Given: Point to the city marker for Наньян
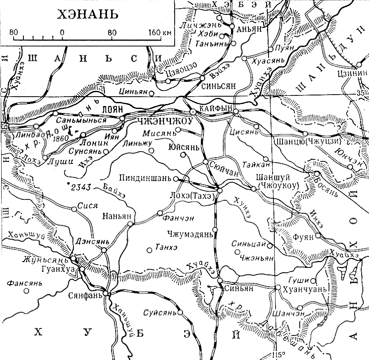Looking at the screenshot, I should pyautogui.click(x=130, y=224).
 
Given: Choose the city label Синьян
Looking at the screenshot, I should pyautogui.click(x=237, y=288).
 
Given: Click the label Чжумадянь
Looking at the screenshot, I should pyautogui.click(x=190, y=235).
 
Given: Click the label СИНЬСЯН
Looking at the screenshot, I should pyautogui.click(x=219, y=87).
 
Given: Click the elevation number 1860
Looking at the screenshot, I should pyautogui.click(x=61, y=138).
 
